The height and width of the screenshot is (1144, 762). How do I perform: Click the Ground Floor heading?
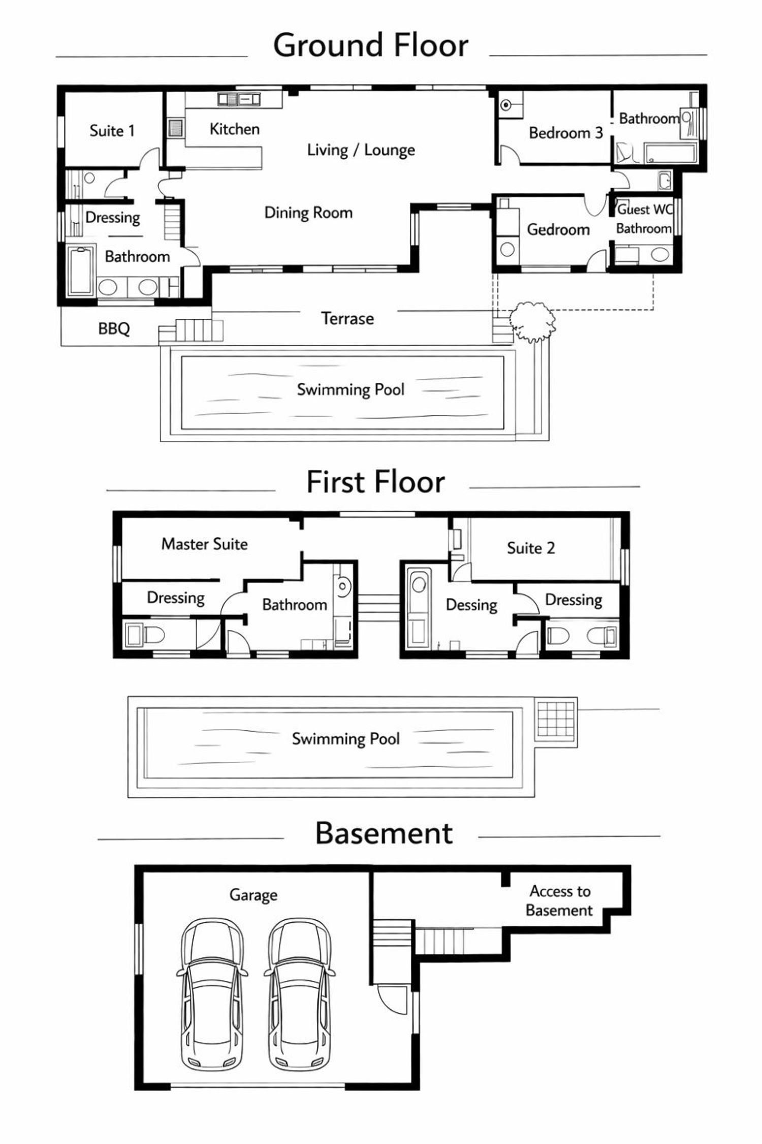[371, 46]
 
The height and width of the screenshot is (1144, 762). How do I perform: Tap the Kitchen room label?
[235, 129]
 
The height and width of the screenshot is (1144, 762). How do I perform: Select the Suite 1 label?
[112, 131]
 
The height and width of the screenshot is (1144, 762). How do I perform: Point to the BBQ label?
[114, 328]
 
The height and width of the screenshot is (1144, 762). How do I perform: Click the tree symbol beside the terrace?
[532, 321]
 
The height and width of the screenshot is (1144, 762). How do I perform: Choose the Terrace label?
[348, 318]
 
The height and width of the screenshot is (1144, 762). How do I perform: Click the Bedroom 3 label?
[566, 133]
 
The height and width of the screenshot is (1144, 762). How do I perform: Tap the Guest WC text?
[645, 209]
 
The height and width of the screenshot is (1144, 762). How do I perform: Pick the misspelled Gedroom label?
[558, 229]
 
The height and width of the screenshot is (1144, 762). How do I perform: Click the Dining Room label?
[308, 213]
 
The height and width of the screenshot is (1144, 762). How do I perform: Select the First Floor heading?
[376, 482]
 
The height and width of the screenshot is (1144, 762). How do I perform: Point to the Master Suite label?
[205, 544]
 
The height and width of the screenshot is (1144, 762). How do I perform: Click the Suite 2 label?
[531, 548]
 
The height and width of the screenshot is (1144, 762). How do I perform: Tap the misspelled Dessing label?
[471, 605]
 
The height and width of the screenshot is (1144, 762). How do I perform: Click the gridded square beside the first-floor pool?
[556, 719]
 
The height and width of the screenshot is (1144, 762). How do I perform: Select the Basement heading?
[384, 833]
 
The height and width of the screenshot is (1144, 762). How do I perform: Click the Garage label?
[253, 895]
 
